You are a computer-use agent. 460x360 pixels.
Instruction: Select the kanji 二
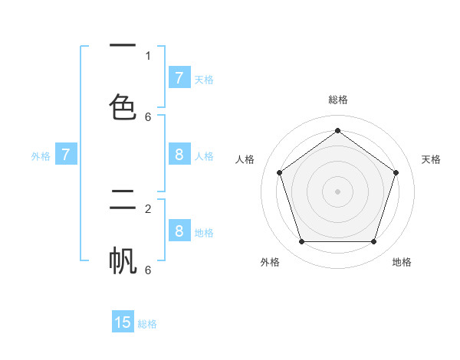123,201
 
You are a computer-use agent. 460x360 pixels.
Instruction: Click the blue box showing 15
123,322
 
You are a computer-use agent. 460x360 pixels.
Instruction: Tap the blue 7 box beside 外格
66,155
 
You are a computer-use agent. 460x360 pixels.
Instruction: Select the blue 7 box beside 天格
179,78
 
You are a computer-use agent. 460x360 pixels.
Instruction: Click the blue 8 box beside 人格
179,155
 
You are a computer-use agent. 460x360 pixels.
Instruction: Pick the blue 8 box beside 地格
179,231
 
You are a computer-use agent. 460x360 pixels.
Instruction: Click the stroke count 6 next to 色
148,117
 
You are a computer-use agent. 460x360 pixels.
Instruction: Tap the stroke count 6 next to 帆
148,270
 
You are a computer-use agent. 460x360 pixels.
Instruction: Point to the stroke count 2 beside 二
148,208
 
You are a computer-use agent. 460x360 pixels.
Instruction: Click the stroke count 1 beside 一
148,55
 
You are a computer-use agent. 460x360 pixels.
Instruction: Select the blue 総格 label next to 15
147,324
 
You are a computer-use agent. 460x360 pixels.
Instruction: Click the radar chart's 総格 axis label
338,100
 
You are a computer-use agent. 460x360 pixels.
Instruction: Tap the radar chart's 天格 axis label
431,159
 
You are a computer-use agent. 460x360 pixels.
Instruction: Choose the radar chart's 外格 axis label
270,262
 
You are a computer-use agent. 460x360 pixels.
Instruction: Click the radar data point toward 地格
373,242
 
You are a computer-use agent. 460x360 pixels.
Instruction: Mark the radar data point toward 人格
280,172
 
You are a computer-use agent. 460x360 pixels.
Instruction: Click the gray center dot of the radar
337,191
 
